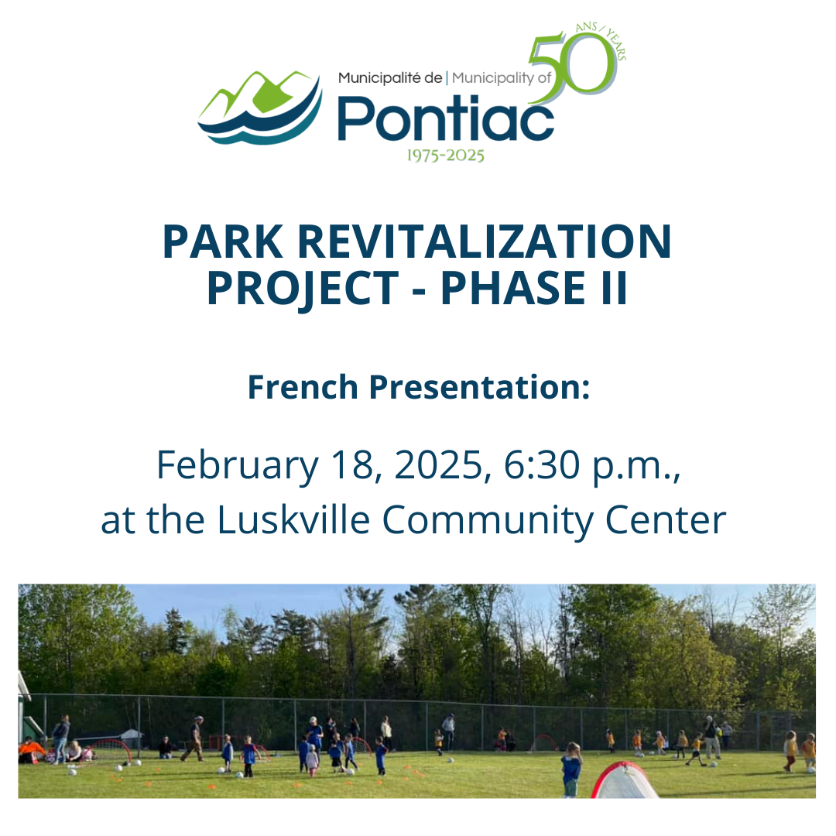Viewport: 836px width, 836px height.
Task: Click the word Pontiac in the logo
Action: point(446,118)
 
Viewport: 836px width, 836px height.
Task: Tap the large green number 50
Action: point(573,67)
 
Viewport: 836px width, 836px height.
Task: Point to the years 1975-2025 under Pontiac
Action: point(446,156)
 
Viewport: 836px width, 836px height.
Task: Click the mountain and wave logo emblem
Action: point(260,108)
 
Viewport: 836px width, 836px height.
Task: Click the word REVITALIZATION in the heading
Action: point(484,242)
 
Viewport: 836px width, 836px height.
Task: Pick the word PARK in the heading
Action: point(223,242)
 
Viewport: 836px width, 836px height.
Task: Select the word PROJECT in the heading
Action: point(303,289)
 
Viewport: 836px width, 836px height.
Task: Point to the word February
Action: point(238,465)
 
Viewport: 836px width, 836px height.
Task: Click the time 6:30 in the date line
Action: point(542,465)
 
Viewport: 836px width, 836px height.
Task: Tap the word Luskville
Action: point(293,520)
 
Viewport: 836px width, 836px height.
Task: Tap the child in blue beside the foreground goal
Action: point(571,769)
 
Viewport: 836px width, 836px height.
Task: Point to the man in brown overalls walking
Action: point(194,738)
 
